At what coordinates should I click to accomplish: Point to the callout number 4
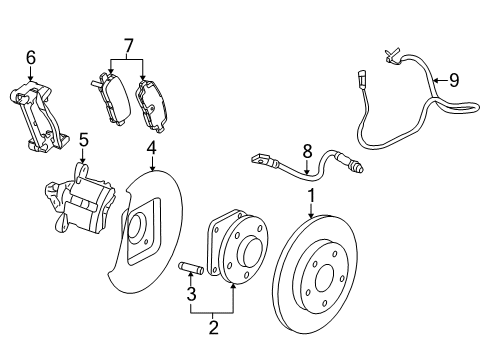(151, 151)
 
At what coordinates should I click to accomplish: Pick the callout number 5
(84, 141)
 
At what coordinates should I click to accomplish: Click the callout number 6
(30, 59)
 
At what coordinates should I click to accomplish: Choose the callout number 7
(127, 45)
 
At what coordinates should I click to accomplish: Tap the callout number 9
(453, 79)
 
